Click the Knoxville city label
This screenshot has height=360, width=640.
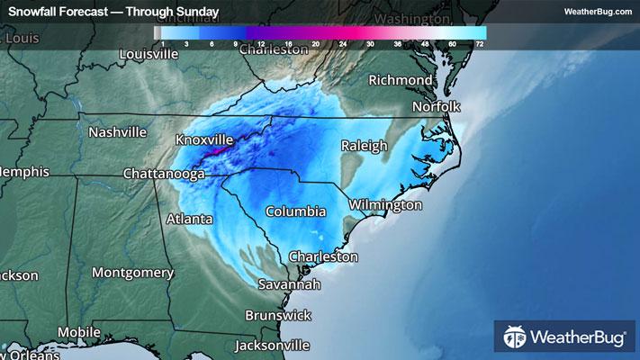tap(204, 140)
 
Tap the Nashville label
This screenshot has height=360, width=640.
tap(117, 131)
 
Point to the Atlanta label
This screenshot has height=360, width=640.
tap(189, 219)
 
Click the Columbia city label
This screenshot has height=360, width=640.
tap(295, 211)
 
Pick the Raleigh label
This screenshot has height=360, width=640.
tap(364, 146)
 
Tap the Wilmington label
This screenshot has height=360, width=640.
tap(385, 205)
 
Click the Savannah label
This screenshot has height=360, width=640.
tap(289, 284)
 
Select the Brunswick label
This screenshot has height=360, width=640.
tap(278, 315)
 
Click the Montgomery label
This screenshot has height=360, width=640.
tap(132, 272)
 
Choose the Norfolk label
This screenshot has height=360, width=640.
tap(436, 106)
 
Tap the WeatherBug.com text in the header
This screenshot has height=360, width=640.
tap(597, 12)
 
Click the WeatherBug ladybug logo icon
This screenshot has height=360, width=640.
tap(515, 337)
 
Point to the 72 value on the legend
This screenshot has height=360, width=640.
tap(481, 42)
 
